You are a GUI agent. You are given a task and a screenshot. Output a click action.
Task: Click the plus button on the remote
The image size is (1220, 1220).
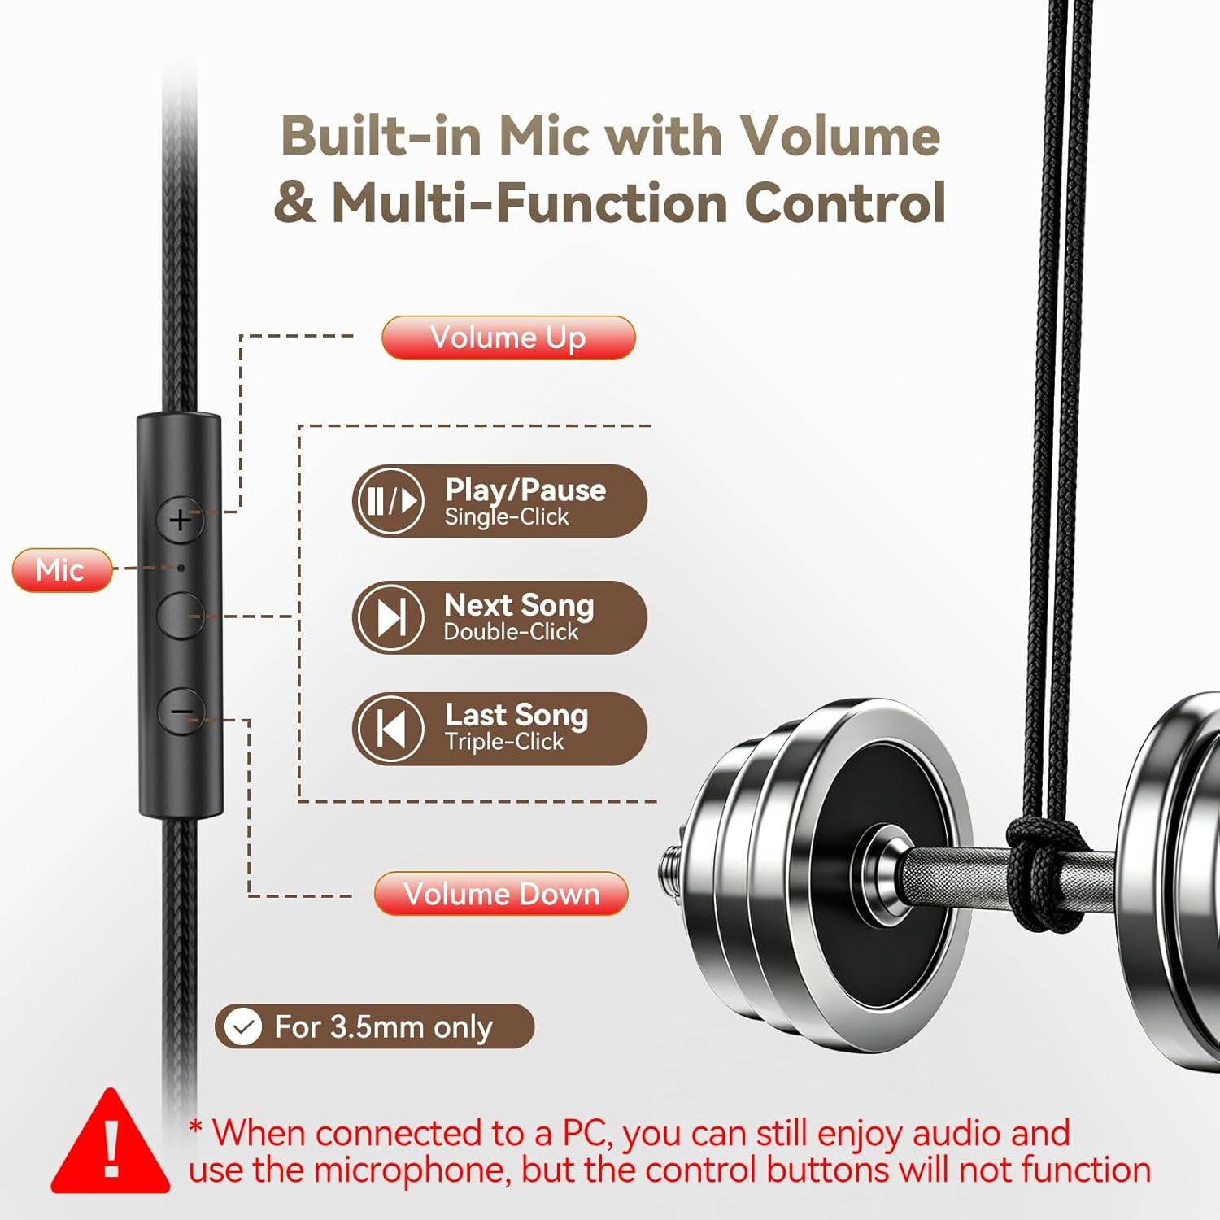pos(180,519)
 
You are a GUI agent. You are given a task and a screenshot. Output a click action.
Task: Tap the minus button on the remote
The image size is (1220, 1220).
pos(180,712)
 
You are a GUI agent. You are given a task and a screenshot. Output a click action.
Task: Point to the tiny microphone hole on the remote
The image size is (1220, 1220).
pos(181,568)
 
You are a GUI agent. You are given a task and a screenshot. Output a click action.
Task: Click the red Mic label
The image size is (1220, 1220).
pos(62,569)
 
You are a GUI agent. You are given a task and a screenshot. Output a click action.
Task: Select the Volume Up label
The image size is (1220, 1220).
pos(508,338)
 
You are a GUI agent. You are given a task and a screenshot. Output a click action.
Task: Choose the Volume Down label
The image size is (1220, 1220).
pos(501,893)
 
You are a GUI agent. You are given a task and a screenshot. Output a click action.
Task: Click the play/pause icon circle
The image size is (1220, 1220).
pos(390,501)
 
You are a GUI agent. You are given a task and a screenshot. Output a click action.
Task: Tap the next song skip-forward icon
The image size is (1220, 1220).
pos(390,617)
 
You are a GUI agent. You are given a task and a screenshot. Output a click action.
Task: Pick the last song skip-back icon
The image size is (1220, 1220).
pos(390,728)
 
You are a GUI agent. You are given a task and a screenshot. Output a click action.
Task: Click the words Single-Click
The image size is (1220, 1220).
pos(507,517)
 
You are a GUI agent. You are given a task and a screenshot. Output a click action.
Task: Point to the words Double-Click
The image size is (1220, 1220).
pos(511,631)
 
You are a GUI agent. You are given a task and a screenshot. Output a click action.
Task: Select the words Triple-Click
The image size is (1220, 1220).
pos(504,742)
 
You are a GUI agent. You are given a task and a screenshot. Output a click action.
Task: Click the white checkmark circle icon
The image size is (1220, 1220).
pos(242,1026)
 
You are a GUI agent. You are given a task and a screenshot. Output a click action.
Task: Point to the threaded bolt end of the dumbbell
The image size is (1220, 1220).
pos(672,865)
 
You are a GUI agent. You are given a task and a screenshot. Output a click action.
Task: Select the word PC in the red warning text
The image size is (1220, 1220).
pos(582,1133)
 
